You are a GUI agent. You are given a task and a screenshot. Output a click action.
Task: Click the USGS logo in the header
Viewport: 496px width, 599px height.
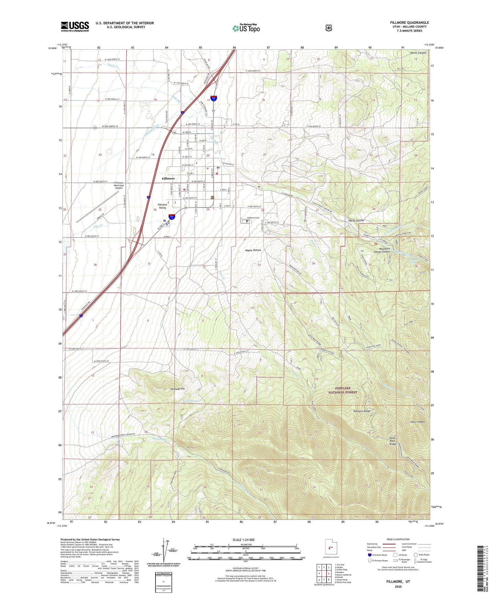pyautogui.click(x=75, y=26)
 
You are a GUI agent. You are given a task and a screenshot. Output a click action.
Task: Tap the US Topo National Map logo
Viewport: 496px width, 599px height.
pyautogui.click(x=246, y=28)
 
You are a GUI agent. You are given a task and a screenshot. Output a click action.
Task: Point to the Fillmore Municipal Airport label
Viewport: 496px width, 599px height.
pyautogui.click(x=118, y=185)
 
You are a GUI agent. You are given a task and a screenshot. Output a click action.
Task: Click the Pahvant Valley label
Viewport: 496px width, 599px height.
pyautogui.click(x=162, y=206)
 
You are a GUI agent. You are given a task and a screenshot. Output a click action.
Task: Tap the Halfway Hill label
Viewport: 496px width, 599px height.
pyautogui.click(x=177, y=389)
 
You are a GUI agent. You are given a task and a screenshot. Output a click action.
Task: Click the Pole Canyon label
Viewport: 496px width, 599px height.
pyautogui.click(x=418, y=422)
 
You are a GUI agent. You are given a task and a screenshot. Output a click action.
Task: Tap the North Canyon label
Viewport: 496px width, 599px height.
pyautogui.click(x=418, y=53)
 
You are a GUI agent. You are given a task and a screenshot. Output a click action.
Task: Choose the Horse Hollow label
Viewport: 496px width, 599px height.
pyautogui.click(x=356, y=221)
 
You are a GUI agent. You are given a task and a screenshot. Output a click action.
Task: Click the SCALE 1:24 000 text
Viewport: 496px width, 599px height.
pyautogui.click(x=243, y=540)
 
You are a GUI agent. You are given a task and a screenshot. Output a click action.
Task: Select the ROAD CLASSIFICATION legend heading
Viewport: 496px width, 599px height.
pyautogui.click(x=398, y=539)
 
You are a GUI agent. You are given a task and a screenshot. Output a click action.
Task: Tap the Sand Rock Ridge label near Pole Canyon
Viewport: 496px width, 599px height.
pyautogui.click(x=393, y=441)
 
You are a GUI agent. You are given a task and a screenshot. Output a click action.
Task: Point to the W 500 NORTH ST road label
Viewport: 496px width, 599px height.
pyautogui.click(x=110, y=127)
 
